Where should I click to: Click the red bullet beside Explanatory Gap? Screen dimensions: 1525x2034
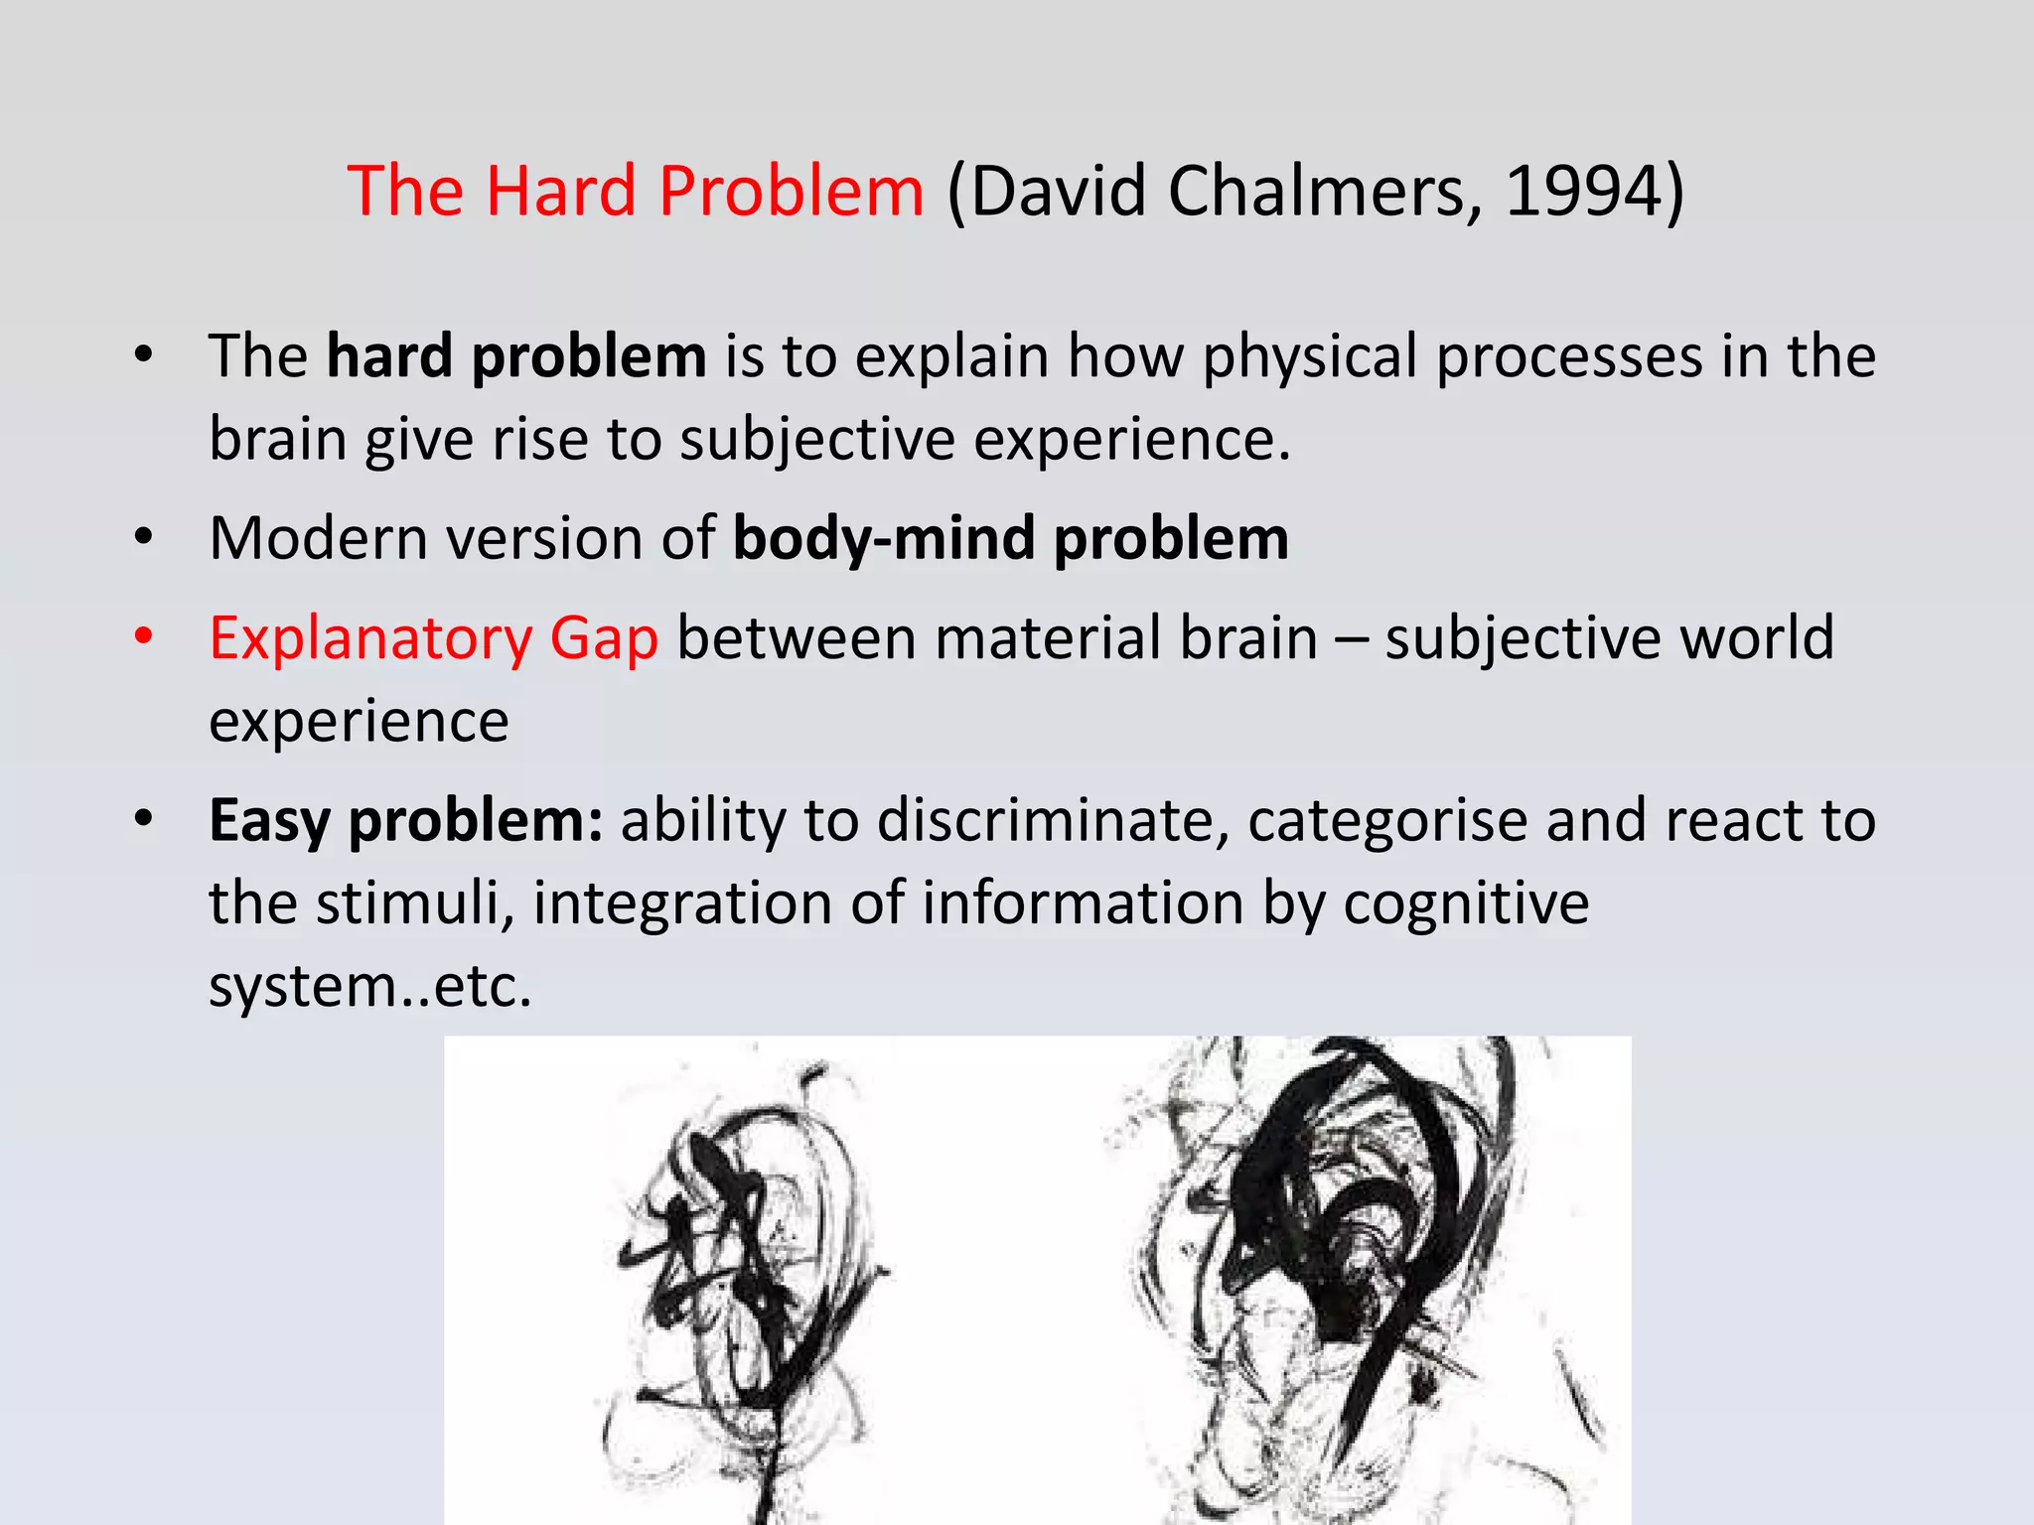tap(144, 635)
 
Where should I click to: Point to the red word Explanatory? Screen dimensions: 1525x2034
tap(370, 639)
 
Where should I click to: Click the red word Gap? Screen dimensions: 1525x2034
tap(604, 639)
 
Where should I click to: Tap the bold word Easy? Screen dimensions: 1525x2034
tap(269, 822)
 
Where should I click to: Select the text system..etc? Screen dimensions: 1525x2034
tap(370, 987)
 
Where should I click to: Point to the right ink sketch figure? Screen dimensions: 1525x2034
tap(1361, 1261)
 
